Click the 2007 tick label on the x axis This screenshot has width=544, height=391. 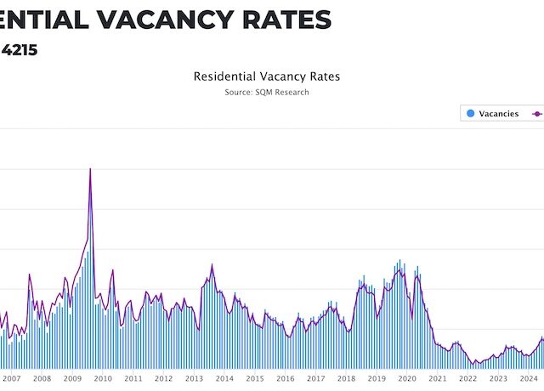[11, 378]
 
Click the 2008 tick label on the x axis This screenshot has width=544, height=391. [42, 378]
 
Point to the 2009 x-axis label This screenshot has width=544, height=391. [72, 378]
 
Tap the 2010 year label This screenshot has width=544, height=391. [103, 378]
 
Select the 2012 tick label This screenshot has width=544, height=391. [163, 378]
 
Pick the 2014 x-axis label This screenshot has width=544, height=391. [224, 378]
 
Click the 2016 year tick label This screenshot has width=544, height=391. [285, 378]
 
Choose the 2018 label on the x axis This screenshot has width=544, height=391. [346, 378]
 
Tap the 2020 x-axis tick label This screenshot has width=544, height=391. [407, 378]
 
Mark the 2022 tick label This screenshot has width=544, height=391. [467, 378]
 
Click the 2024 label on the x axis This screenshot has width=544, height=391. [528, 378]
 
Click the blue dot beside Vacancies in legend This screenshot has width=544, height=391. [469, 113]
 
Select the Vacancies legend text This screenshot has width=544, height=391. [498, 113]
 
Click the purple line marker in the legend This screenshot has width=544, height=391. [537, 113]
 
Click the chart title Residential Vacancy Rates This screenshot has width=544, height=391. [267, 76]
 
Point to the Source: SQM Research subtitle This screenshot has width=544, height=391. [267, 92]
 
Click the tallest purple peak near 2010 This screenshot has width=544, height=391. [90, 169]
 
